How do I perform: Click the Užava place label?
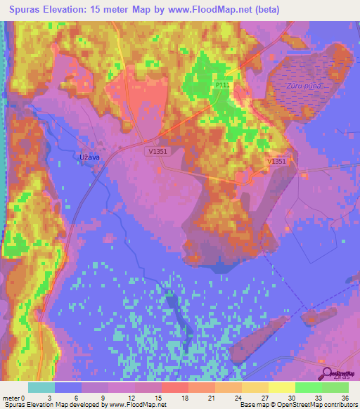89,157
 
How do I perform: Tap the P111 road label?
223,85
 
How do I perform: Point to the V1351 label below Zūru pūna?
276,161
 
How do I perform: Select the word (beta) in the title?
264,10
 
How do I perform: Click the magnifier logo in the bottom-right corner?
327,374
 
